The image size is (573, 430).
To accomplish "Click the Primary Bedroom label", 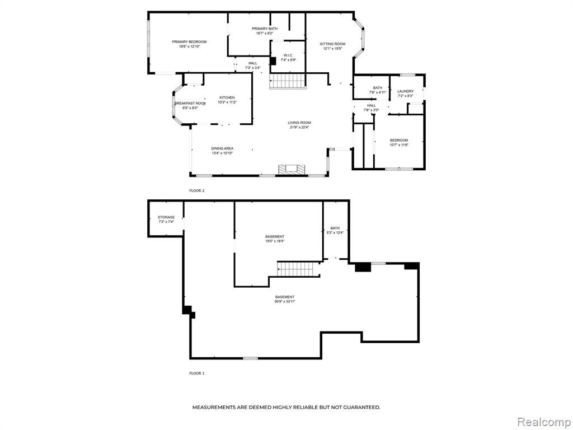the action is [189, 41].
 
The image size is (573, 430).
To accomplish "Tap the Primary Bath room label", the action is [265, 29].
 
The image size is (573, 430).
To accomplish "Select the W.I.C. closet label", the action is [288, 55].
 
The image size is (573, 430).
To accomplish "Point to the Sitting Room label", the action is [332, 44].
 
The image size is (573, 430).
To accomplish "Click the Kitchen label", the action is [227, 97].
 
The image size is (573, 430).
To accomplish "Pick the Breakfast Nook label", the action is [190, 104].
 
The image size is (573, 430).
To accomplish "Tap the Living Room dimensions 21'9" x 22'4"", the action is [300, 127].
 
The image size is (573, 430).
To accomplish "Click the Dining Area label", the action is [222, 148].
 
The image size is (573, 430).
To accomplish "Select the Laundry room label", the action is [405, 91].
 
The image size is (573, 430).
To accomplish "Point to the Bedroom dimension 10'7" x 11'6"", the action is [399, 145].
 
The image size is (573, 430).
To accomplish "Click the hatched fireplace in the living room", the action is [291, 170].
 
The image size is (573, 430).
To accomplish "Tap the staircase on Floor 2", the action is [287, 81].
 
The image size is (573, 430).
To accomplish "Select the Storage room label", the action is [166, 217].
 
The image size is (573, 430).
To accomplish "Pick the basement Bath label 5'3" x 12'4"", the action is [335, 230].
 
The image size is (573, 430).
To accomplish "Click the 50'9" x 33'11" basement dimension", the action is [285, 302].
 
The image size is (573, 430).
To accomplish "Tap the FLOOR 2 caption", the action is [196, 191].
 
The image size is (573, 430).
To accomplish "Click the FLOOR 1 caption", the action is [196, 373].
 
